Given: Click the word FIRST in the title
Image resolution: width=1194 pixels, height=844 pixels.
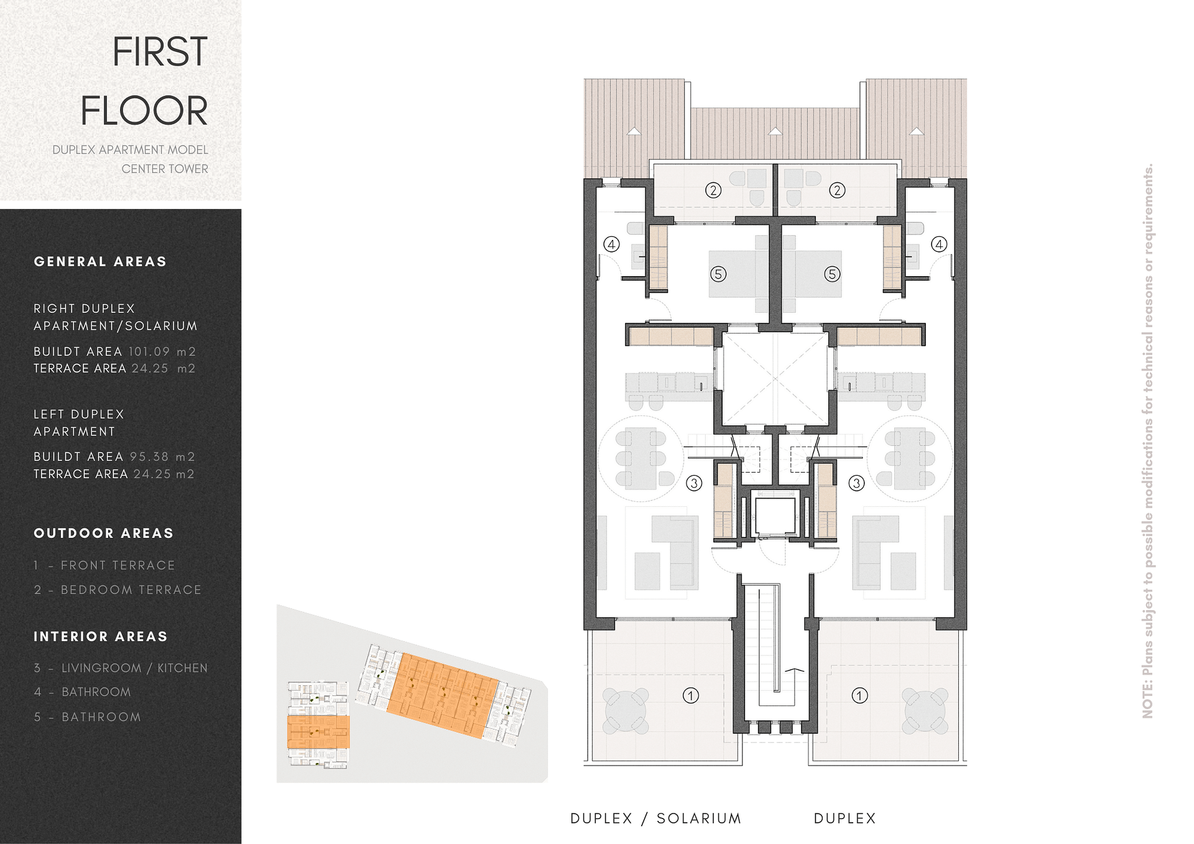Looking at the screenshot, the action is point(159,52).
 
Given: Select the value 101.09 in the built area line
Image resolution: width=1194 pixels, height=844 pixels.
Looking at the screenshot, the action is point(149,351).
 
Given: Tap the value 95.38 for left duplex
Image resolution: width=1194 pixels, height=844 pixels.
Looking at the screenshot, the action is point(149,457).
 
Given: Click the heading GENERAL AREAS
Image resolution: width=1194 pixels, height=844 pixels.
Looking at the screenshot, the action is point(100,262).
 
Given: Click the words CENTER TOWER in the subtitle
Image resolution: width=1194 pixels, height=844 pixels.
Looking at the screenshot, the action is point(165,169).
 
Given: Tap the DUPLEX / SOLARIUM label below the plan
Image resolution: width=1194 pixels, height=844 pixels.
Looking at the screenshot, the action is point(655,818).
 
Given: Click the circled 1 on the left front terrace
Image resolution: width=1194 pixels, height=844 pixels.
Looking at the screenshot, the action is point(691,695).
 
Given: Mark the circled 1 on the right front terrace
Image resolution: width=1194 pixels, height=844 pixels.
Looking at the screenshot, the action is point(859,695).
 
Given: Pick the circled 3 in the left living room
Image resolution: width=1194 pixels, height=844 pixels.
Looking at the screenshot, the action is point(694,483).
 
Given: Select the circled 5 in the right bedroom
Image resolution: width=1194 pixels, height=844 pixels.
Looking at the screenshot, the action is point(832,274).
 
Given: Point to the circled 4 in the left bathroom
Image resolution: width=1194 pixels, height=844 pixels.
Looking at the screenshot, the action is point(612,244).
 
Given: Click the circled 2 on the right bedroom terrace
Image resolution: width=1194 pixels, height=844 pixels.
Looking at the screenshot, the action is point(837,190).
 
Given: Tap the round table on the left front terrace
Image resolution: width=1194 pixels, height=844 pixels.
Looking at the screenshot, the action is point(625,710).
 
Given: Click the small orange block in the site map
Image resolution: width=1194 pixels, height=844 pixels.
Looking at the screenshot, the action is point(318,732).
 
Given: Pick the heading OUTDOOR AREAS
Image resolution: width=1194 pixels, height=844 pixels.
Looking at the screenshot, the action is point(103,534).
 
